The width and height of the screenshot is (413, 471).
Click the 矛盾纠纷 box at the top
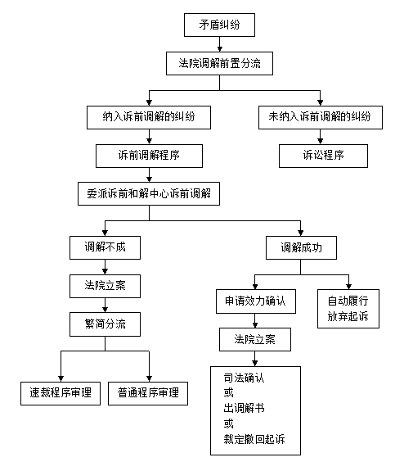tap(219, 25)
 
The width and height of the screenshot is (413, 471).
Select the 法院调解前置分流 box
tap(219, 63)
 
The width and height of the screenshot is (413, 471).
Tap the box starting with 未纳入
tap(321, 117)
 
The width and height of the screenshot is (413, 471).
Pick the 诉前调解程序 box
tap(149, 156)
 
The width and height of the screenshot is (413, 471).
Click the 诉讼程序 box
tap(323, 156)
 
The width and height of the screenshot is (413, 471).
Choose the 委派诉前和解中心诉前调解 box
tap(149, 194)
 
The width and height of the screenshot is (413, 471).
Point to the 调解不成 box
tap(105, 247)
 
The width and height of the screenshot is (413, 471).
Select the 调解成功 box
tap(301, 247)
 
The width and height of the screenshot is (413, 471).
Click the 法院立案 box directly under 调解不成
tap(105, 286)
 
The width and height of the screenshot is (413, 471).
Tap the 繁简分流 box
tap(105, 324)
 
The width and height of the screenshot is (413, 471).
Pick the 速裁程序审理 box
tap(61, 393)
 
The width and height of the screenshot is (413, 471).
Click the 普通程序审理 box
tap(148, 393)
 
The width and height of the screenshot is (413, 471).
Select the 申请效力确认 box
tap(256, 301)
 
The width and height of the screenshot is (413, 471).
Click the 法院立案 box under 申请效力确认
tap(255, 339)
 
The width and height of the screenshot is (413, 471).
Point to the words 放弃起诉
tap(348, 317)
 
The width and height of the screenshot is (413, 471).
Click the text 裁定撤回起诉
tap(254, 439)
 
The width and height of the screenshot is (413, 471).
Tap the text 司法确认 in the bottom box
tap(244, 378)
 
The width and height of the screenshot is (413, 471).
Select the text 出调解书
tap(244, 408)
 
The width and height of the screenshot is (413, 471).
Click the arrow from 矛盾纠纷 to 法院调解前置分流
tap(219, 44)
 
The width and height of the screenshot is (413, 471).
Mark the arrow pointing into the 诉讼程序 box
tap(321, 137)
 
